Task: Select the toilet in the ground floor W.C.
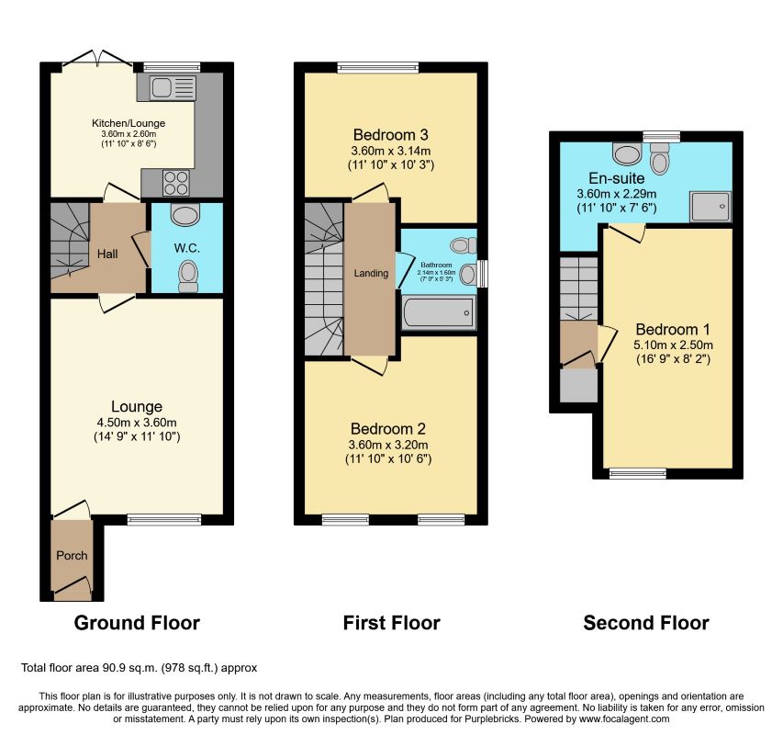pos(188,276)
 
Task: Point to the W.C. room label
pos(187,248)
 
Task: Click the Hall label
pos(107,254)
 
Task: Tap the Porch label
pos(72,555)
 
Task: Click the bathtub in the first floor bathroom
pos(439,312)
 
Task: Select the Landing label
pos(371,273)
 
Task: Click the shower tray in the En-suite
pos(710,207)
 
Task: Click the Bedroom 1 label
pos(673,329)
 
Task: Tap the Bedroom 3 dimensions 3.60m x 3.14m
pos(391,151)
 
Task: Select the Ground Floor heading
pos(137,623)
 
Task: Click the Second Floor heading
pos(646,623)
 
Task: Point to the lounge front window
pos(164,520)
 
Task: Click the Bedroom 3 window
pos(378,67)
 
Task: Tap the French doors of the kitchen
pos(97,59)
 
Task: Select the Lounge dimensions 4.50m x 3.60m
pos(137,423)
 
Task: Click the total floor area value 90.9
pos(113,668)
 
